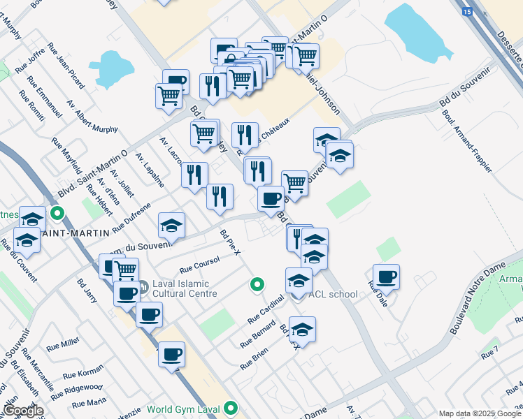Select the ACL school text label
coord(333,294)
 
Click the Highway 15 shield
coord(466,11)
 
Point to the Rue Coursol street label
coord(200,263)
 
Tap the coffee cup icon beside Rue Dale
coord(386,277)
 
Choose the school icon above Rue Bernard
coord(302,329)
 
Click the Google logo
coord(23,411)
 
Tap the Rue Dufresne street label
coord(132,216)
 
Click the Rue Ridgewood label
coord(83,387)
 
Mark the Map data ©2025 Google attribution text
coord(479,413)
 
